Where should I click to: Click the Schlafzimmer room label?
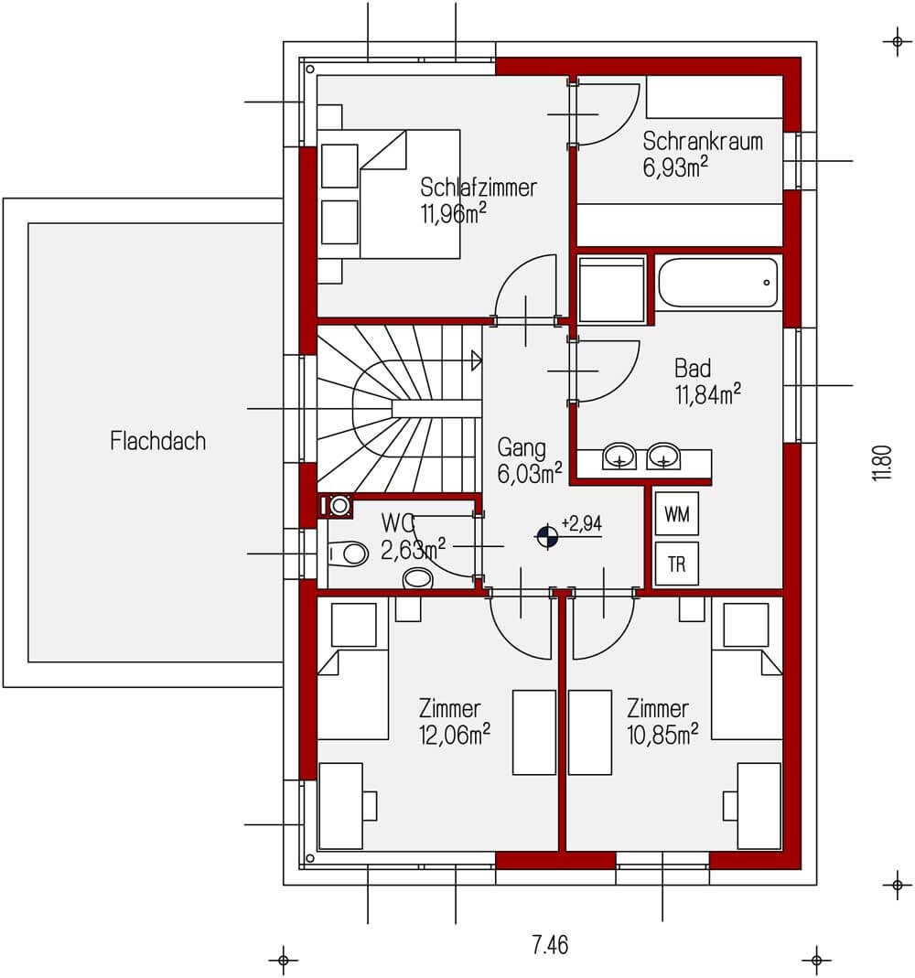(x=478, y=188)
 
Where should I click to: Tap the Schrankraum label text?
(x=703, y=142)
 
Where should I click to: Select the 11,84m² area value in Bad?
(x=708, y=394)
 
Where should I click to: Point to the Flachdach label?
(x=157, y=441)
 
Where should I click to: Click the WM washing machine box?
(x=677, y=514)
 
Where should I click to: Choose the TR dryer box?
(x=677, y=564)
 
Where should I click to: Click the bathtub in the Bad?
(x=718, y=283)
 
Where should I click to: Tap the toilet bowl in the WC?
(x=349, y=553)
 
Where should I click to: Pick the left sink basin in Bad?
(x=619, y=456)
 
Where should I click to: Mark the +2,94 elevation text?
(x=581, y=522)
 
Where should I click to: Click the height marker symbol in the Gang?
(x=547, y=536)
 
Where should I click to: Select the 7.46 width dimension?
(x=550, y=945)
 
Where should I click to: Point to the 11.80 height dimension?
(x=882, y=462)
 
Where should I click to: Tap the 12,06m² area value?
(x=454, y=735)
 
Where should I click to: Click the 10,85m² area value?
(x=662, y=735)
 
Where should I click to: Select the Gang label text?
(x=522, y=448)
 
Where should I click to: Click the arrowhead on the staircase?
(x=477, y=360)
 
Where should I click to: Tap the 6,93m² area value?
(x=675, y=167)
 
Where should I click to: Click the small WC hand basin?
(x=418, y=579)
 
